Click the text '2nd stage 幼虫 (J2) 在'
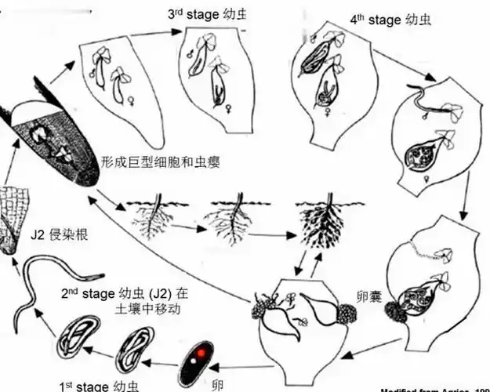click(x=125, y=294)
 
